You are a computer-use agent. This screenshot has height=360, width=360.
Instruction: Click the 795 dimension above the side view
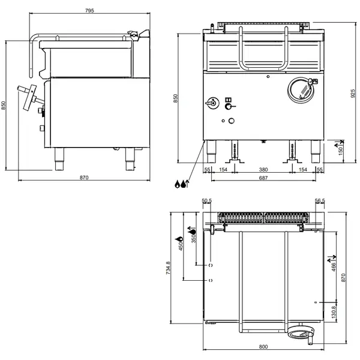88,10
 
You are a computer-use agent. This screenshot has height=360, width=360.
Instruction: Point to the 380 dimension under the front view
263,170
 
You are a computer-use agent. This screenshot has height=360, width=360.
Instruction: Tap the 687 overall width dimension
263,179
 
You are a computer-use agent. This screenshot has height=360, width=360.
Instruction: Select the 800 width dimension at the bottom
263,347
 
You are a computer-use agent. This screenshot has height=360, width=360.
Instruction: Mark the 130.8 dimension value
334,312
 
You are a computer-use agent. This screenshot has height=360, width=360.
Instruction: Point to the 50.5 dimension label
207,201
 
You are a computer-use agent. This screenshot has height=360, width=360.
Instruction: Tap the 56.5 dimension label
319,201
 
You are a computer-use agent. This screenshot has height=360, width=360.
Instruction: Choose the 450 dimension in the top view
179,243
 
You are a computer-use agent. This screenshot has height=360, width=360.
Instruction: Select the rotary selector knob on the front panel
212,103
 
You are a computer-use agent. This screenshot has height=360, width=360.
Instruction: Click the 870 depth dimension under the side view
84,178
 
